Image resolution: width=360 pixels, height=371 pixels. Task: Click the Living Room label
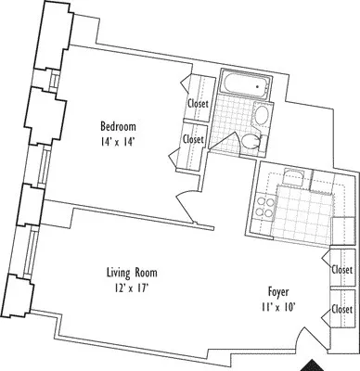[x=131, y=274]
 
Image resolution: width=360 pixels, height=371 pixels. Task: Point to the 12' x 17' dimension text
[x=131, y=289]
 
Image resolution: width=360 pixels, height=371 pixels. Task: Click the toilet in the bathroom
[x=252, y=141]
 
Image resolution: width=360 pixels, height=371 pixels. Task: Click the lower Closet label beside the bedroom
[x=194, y=139]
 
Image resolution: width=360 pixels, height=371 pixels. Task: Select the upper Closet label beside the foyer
[x=341, y=269]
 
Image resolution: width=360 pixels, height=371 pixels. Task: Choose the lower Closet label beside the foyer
[x=341, y=309]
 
